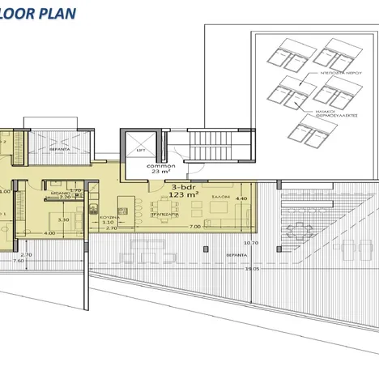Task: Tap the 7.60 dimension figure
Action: point(18,260)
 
